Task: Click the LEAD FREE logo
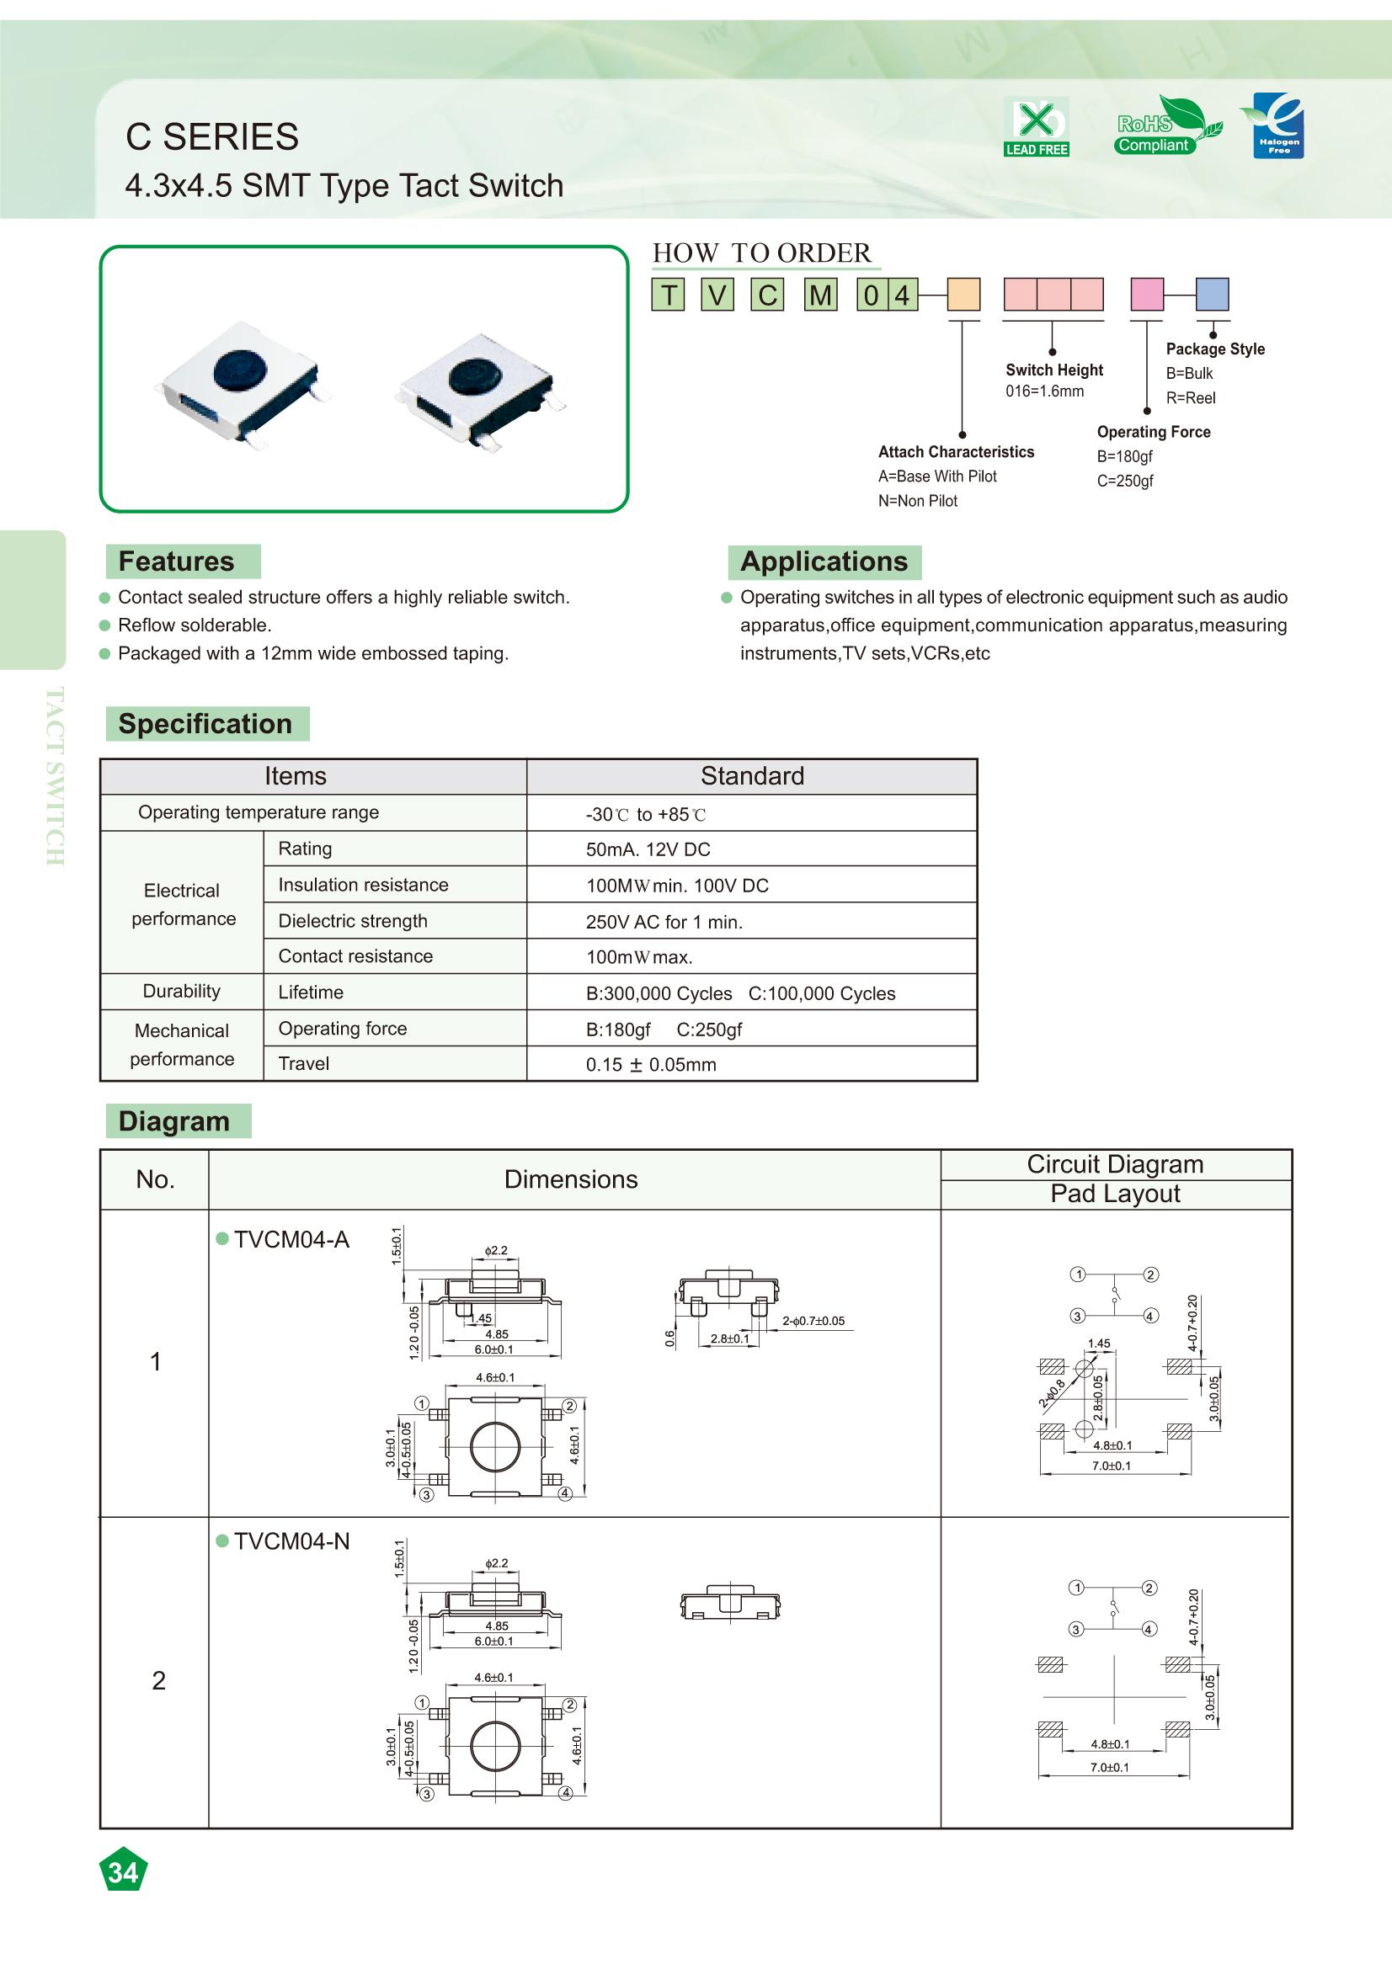[1036, 127]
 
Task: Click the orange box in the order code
[963, 294]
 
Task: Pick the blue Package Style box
[1212, 294]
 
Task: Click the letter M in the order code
[820, 295]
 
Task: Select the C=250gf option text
[1124, 482]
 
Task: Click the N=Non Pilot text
[917, 501]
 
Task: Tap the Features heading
[177, 561]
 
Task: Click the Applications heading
[824, 561]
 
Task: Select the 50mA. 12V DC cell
[648, 849]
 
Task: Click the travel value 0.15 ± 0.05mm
[650, 1064]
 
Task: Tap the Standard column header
[751, 776]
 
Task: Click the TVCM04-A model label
[291, 1239]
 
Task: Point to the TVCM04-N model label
[291, 1541]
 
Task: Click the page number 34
[124, 1872]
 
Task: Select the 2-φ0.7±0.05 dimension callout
[813, 1321]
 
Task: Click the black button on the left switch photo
[239, 371]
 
